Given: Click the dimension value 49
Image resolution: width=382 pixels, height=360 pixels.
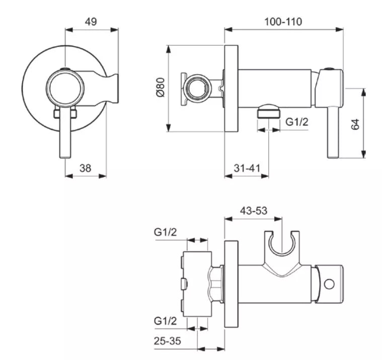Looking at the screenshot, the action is pyautogui.click(x=91, y=22).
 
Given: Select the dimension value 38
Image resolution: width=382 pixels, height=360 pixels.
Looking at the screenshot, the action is pyautogui.click(x=85, y=168).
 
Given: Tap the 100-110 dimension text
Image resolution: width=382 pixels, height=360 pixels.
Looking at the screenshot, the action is pyautogui.click(x=283, y=22).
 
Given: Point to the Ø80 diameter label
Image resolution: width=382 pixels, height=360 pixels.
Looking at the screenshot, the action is pyautogui.click(x=161, y=87).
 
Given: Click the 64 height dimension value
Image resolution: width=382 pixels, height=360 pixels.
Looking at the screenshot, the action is pyautogui.click(x=355, y=124).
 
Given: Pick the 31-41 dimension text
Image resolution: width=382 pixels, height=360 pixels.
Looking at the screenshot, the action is pyautogui.click(x=247, y=168).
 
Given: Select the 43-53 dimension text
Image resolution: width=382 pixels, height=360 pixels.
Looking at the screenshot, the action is pyautogui.click(x=254, y=211).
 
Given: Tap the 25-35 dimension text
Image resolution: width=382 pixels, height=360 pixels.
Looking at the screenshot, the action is pyautogui.click(x=168, y=341).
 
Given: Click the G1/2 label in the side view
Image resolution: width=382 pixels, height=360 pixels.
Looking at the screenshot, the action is pyautogui.click(x=297, y=122).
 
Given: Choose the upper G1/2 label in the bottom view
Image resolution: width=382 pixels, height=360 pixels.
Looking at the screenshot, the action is pyautogui.click(x=165, y=232).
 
